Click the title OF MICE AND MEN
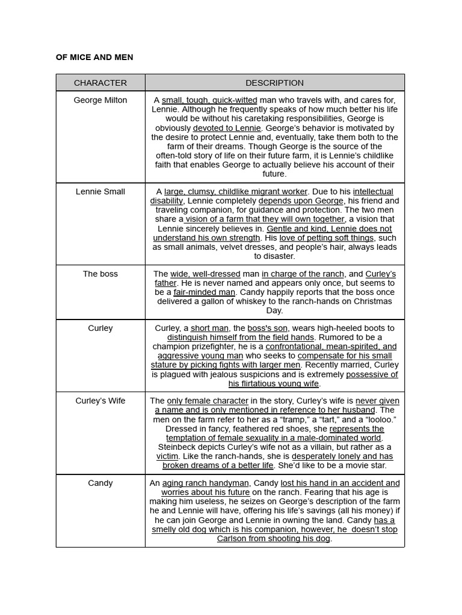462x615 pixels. coord(94,57)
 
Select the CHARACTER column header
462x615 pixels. coord(100,83)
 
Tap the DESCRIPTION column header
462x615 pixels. coord(274,83)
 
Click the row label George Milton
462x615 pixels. coord(100,100)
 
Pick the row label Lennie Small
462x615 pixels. coord(100,192)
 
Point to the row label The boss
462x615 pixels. coord(100,274)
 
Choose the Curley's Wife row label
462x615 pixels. coord(100,401)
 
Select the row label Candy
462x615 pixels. coord(100,483)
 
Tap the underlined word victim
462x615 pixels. coord(167,456)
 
